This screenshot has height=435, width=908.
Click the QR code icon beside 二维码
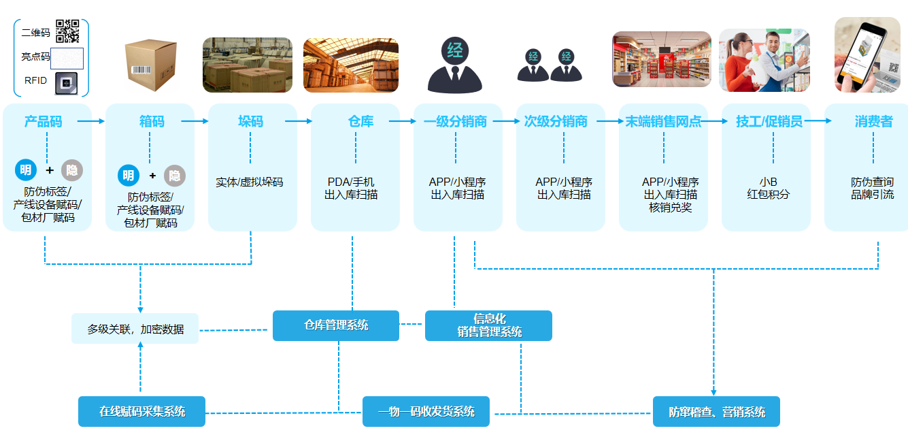(67, 31)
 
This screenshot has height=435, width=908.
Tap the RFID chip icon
(67, 80)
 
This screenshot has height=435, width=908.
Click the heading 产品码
(43, 122)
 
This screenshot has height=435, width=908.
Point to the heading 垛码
(250, 122)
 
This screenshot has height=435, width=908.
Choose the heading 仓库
(360, 122)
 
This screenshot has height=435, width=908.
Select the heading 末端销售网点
(663, 122)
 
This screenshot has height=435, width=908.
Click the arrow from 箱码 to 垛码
(195, 122)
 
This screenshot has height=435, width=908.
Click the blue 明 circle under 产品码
(26, 170)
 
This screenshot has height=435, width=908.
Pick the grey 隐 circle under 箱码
(175, 176)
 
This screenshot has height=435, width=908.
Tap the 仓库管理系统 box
(336, 325)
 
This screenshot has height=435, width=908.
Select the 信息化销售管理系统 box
(488, 325)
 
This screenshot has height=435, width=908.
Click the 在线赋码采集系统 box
(141, 411)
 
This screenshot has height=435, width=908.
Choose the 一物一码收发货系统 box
(426, 411)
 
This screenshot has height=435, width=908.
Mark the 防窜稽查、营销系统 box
(716, 411)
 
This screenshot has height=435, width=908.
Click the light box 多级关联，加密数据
(135, 329)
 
